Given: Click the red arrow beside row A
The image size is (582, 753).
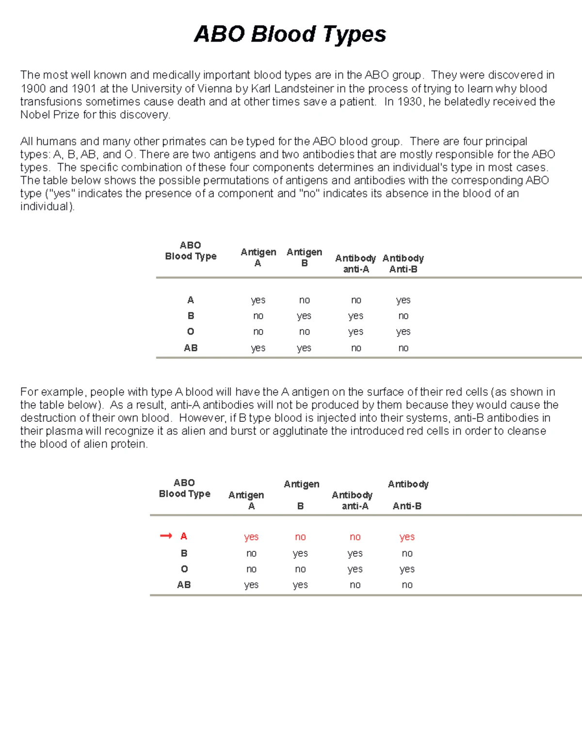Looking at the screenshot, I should coord(166,536).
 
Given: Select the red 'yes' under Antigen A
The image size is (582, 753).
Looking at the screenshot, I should coord(251,537).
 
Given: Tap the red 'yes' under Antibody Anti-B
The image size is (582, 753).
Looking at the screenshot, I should coord(407,537).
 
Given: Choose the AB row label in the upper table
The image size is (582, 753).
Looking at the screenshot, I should coord(191,348).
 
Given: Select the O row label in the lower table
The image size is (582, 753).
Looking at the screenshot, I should coord(184,569).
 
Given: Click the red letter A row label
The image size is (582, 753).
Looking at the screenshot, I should coord(184,536).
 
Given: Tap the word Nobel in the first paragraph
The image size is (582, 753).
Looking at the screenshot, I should coord(35,115).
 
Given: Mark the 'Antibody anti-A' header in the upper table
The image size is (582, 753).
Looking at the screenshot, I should coord(356,263).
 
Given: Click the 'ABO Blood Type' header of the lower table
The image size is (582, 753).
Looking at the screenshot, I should coord(184,488).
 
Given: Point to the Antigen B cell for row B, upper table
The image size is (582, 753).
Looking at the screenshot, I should coord(304,316).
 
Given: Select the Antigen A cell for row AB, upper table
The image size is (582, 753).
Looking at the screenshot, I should coord(258,348).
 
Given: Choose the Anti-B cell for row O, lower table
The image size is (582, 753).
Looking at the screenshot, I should coord(407,569).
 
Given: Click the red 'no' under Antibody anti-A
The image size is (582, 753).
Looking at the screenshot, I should coord(355,537).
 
